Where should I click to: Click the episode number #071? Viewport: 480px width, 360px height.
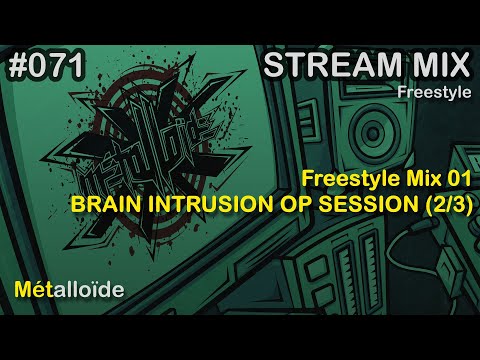(x=45, y=67)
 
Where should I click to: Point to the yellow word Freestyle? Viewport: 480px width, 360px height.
(x=321, y=182)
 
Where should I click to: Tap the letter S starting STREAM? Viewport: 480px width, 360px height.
(x=271, y=67)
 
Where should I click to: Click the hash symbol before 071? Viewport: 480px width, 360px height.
(x=15, y=67)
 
